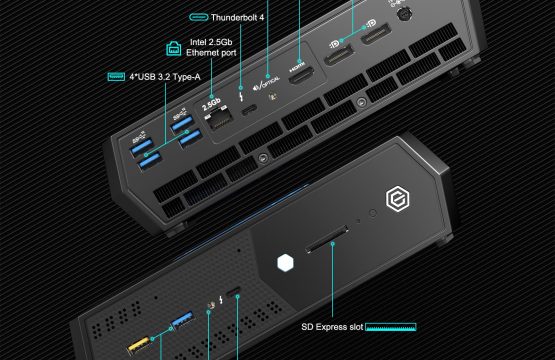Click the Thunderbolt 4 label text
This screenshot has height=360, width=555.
pyautogui.click(x=237, y=17)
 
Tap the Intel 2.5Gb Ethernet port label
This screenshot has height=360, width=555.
pyautogui.click(x=211, y=47)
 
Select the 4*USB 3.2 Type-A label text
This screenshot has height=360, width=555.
pyautogui.click(x=165, y=76)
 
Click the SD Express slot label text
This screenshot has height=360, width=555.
pyautogui.click(x=332, y=327)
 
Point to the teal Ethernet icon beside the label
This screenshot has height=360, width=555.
pyautogui.click(x=173, y=48)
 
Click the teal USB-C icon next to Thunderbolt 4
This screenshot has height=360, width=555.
pyautogui.click(x=198, y=17)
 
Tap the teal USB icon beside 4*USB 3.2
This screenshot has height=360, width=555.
pyautogui.click(x=116, y=76)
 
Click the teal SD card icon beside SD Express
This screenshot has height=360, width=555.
pyautogui.click(x=391, y=327)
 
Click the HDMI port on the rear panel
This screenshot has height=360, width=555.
pyautogui.click(x=301, y=75)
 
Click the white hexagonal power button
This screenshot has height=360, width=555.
pyautogui.click(x=285, y=263)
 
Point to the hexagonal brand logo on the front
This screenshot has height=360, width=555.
pyautogui.click(x=397, y=199)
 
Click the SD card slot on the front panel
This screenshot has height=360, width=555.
pyautogui.click(x=327, y=240)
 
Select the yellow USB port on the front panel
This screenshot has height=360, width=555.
pyautogui.click(x=139, y=345)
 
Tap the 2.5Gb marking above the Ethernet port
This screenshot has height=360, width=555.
pyautogui.click(x=211, y=104)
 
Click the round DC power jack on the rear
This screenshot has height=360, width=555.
pyautogui.click(x=403, y=13)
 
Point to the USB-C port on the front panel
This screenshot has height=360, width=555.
pyautogui.click(x=233, y=291)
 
